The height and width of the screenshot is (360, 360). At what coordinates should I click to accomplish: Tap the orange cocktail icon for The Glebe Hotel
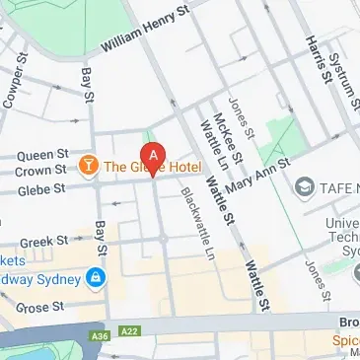point(89,164)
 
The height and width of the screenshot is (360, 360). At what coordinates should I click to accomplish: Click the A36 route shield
point(98,337)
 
